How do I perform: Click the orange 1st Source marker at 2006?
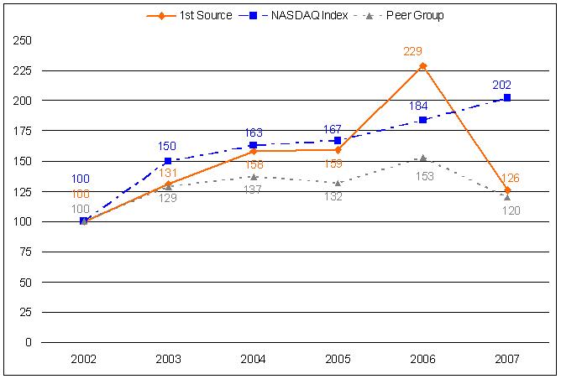[422, 65]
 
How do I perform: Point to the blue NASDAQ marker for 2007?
[507, 98]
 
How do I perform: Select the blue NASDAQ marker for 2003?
[168, 161]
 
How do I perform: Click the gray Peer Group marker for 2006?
[422, 158]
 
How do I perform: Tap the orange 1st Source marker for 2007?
[507, 190]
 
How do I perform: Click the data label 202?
[502, 85]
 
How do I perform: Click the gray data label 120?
[511, 210]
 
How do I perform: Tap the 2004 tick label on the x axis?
[253, 359]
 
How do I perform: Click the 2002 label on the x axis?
[83, 359]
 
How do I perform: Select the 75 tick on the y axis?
[26, 252]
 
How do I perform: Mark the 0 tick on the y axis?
[29, 343]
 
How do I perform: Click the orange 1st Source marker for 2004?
[253, 151]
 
